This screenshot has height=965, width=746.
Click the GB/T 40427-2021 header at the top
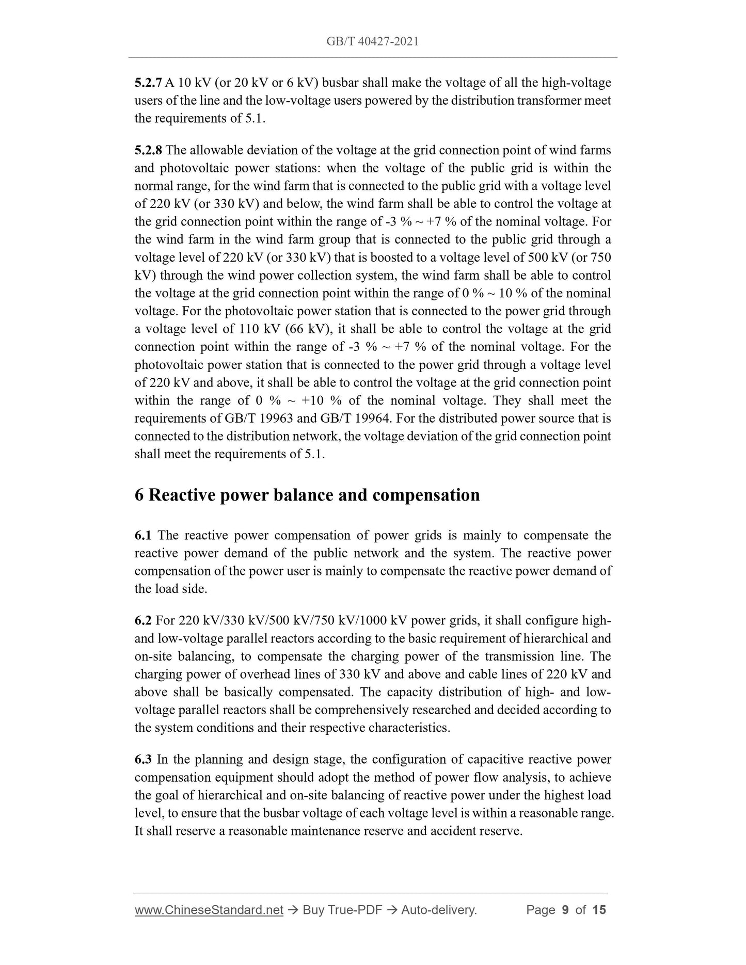point(372,41)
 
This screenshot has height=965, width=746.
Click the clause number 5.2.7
point(148,83)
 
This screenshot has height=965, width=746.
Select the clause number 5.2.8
point(148,150)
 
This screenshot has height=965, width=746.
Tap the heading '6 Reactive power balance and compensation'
point(307,495)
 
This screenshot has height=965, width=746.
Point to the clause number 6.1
point(143,536)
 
